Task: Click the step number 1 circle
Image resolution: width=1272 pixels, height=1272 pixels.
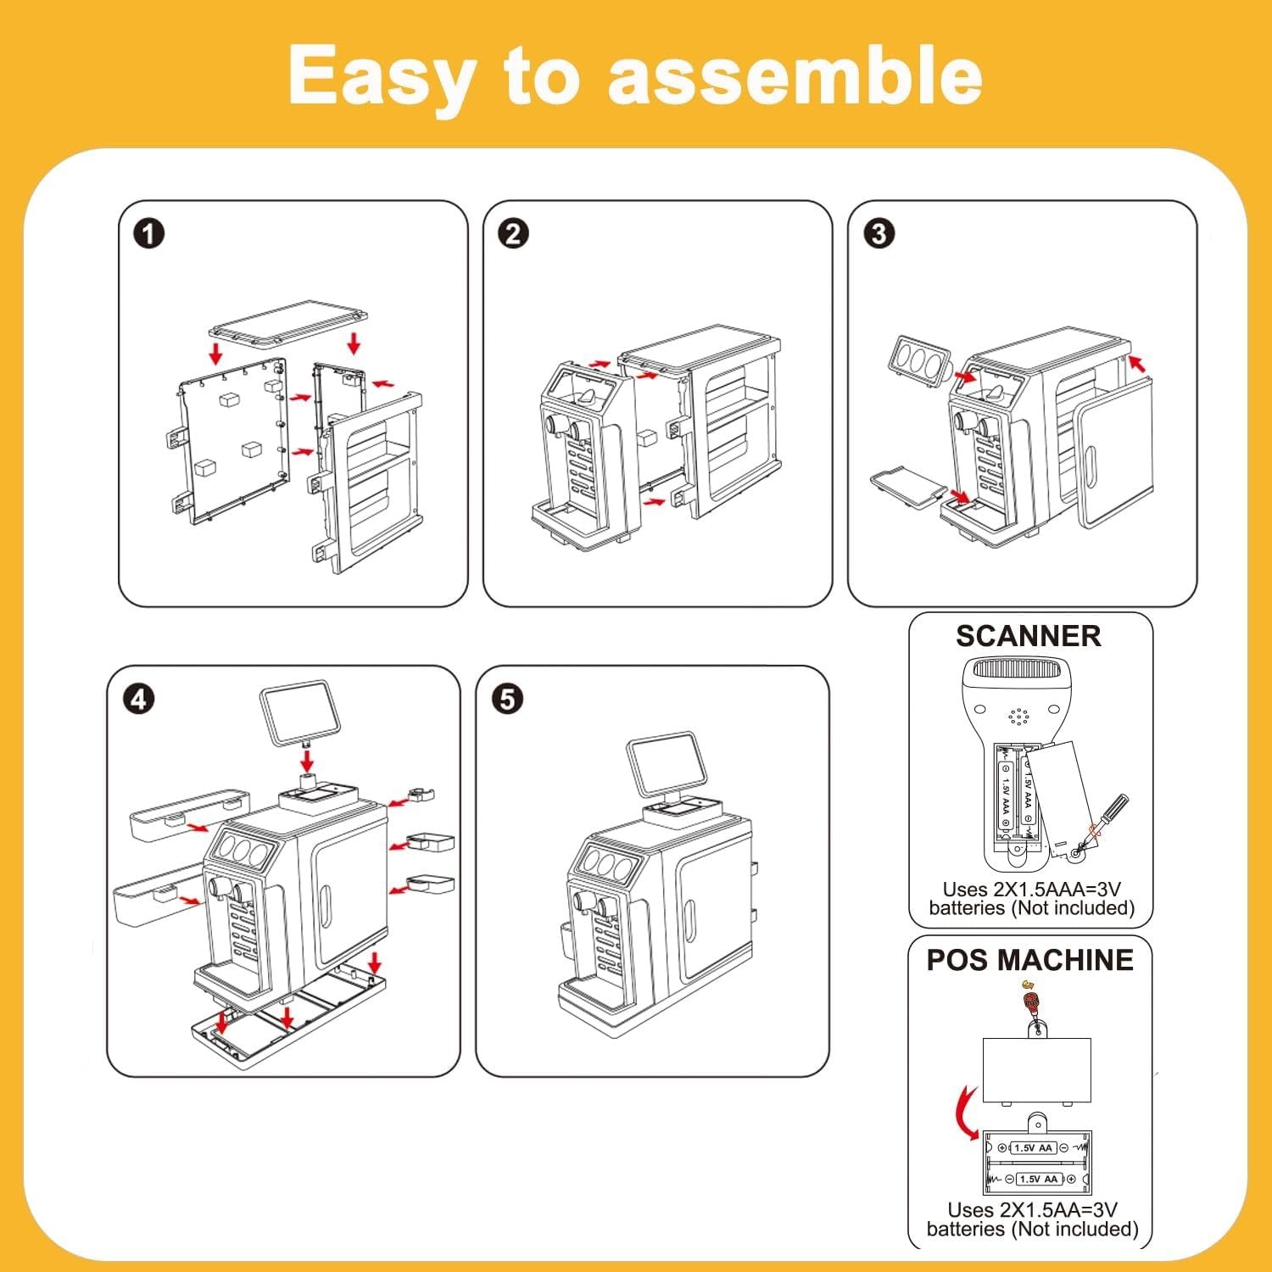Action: pyautogui.click(x=149, y=234)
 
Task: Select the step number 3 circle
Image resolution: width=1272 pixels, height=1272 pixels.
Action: pyautogui.click(x=879, y=234)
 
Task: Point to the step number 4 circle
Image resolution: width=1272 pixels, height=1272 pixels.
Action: pyautogui.click(x=139, y=700)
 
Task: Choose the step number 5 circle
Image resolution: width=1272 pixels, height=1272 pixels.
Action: pyautogui.click(x=507, y=700)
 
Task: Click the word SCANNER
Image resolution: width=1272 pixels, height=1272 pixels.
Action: pyautogui.click(x=1028, y=636)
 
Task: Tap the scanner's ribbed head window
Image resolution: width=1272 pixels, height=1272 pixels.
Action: pyautogui.click(x=1028, y=670)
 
